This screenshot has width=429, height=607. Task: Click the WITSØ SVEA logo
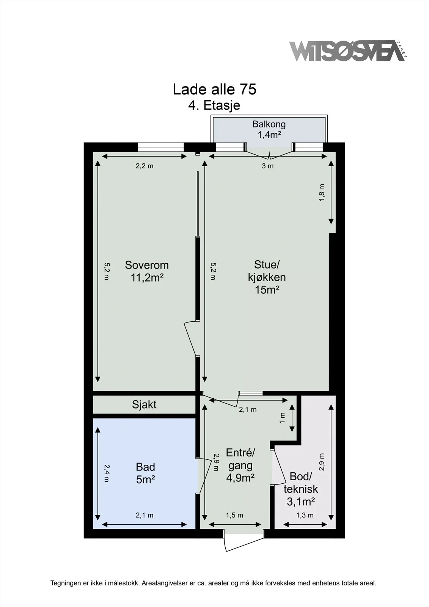click(348, 51)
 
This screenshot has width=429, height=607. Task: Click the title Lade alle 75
click(214, 89)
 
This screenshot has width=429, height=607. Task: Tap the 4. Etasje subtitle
click(214, 105)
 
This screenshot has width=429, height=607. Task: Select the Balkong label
click(269, 124)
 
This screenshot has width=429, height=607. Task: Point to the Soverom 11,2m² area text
click(147, 271)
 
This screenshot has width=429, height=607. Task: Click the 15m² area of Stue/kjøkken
click(267, 290)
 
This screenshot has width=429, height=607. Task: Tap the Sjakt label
click(144, 404)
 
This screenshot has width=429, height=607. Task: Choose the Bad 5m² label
click(146, 473)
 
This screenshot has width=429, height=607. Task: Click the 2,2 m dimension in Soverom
click(145, 166)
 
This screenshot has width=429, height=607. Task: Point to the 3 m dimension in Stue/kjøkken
click(267, 166)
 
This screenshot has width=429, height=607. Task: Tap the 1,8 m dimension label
click(321, 192)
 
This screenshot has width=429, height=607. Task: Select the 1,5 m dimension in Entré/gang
click(234, 515)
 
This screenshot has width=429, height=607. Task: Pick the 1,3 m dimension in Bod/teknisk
click(305, 515)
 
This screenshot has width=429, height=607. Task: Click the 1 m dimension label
click(282, 418)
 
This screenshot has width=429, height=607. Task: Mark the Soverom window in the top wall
click(161, 147)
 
